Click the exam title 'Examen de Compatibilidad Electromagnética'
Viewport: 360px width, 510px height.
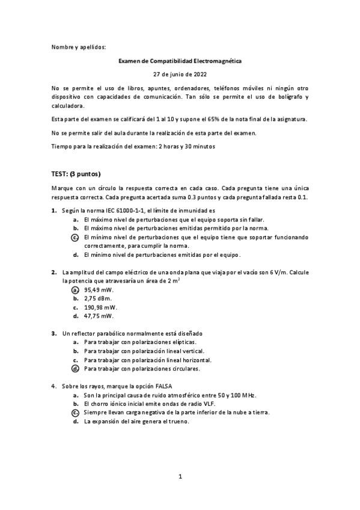(x=180, y=61)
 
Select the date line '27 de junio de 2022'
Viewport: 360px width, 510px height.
(x=180, y=75)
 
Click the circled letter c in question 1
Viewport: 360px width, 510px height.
(x=75, y=237)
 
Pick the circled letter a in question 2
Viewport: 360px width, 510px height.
(x=75, y=289)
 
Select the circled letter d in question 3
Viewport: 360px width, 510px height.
(x=75, y=368)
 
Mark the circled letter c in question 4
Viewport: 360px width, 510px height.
(x=75, y=413)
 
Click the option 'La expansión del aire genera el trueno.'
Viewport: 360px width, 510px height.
(x=136, y=422)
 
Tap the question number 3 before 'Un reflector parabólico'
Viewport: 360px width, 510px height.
(x=54, y=333)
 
